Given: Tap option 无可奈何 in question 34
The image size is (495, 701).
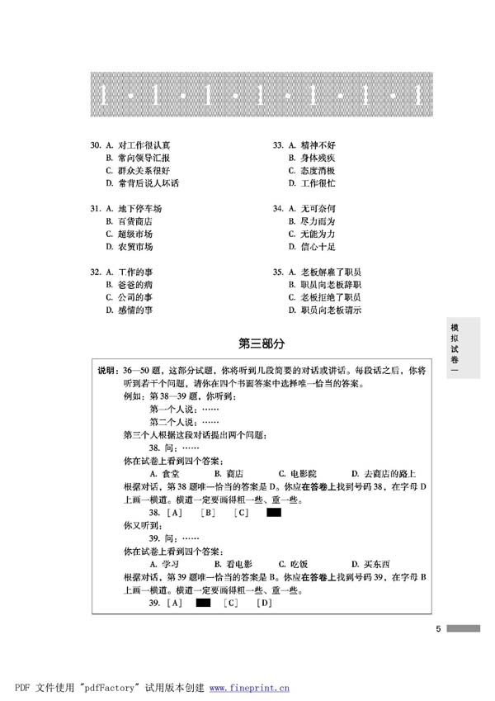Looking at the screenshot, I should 318,208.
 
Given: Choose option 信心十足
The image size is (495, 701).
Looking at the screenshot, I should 318,247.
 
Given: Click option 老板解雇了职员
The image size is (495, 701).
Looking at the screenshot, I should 330,272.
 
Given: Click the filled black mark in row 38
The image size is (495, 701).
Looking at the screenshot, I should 274,513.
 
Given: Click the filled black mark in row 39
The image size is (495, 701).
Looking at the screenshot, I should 202,604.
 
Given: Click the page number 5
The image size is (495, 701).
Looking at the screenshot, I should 439,629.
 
